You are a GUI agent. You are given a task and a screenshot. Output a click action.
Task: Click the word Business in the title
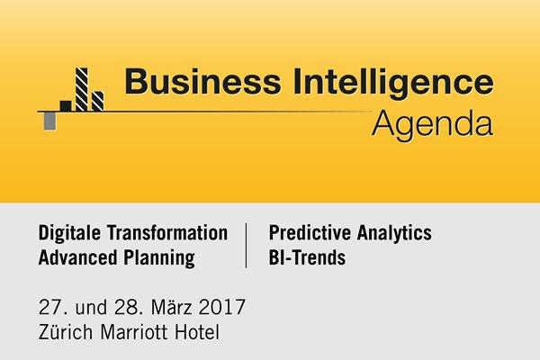(x=202, y=82)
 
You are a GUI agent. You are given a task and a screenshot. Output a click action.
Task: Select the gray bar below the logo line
(x=49, y=121)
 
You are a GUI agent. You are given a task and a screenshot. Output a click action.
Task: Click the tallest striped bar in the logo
(x=82, y=90)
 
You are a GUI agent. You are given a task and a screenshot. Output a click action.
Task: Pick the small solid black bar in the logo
(x=66, y=106)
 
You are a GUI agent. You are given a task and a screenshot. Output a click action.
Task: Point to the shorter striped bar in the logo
(x=97, y=102)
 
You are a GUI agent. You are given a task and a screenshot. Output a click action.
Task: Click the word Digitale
(x=70, y=233)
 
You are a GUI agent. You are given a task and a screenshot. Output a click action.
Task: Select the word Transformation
(x=167, y=232)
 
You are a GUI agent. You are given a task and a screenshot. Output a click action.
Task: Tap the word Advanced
(x=77, y=257)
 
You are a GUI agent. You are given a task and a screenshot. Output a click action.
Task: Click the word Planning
(x=159, y=258)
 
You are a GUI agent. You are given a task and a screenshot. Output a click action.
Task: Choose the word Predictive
(x=310, y=232)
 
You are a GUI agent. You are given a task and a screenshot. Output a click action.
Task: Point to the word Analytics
(x=394, y=234)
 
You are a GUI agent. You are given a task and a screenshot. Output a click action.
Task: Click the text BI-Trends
(x=307, y=257)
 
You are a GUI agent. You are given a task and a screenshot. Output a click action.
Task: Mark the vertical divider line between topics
(x=246, y=246)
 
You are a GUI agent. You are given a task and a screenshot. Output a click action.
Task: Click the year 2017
(x=221, y=307)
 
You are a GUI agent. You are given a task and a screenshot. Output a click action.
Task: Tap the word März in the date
(x=171, y=306)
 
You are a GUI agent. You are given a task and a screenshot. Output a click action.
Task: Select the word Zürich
(x=66, y=332)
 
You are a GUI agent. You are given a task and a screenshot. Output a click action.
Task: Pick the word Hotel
(x=197, y=332)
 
